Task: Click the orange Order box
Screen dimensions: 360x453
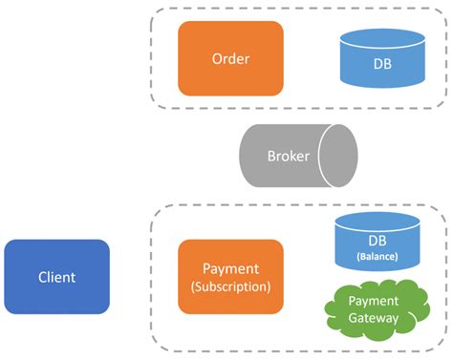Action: [x=230, y=58]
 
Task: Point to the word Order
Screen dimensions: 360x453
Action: [x=230, y=58]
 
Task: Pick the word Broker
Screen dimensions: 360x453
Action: [x=288, y=156]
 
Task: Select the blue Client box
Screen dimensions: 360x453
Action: [x=56, y=277]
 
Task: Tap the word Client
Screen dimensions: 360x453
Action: [x=56, y=277]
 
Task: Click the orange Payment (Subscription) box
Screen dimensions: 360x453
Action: [x=230, y=277]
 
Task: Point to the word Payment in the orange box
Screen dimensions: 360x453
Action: [x=230, y=269]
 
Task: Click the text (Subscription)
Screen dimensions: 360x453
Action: [x=230, y=286]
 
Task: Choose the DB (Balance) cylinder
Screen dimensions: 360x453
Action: [x=377, y=247]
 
